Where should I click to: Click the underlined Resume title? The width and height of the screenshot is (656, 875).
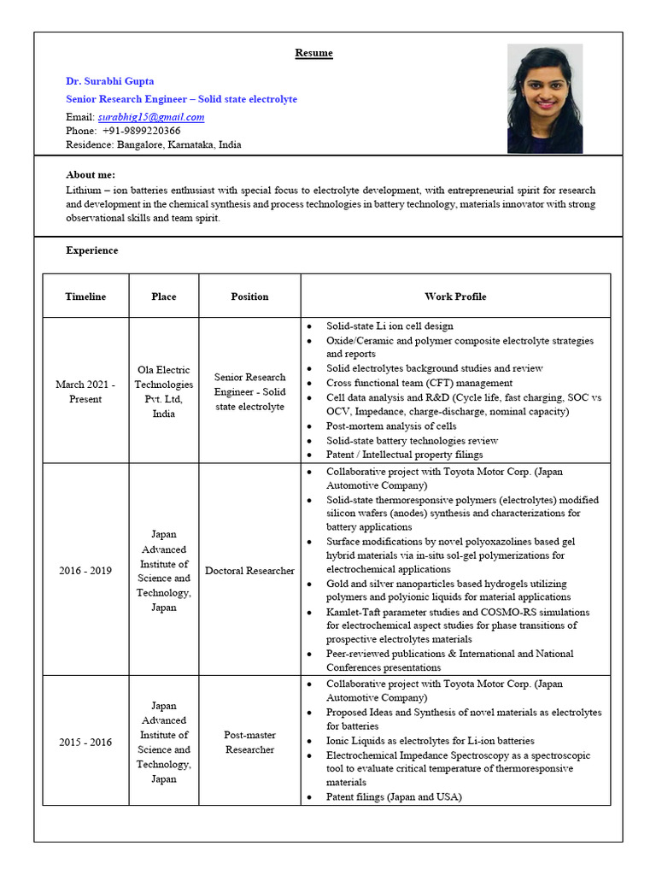[x=313, y=53]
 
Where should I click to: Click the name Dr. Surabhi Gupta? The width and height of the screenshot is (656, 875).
[x=110, y=81]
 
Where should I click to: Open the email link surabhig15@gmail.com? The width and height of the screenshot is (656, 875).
[x=150, y=116]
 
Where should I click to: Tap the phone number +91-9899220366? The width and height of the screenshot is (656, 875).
[x=141, y=131]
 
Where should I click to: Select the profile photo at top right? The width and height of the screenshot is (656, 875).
[x=544, y=98]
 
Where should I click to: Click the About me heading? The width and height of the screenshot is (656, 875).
[x=91, y=174]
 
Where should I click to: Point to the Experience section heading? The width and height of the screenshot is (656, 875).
[x=92, y=250]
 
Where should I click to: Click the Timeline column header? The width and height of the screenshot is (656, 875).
[x=85, y=297]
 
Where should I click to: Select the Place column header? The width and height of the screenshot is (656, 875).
[x=163, y=297]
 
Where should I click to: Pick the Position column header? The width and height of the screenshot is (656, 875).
[x=249, y=297]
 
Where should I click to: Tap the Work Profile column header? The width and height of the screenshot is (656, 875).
[x=455, y=297]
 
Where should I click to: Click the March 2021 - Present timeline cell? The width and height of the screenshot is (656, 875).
[x=85, y=391]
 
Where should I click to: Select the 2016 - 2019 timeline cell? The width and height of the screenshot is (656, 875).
[x=85, y=571]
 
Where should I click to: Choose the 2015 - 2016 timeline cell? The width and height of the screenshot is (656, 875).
[x=85, y=742]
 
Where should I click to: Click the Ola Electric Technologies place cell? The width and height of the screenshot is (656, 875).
[x=163, y=391]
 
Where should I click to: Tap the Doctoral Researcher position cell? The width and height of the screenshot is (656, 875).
[x=249, y=571]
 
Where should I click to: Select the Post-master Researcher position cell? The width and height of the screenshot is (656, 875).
[x=249, y=742]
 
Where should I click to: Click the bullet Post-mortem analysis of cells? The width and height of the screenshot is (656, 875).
[x=391, y=426]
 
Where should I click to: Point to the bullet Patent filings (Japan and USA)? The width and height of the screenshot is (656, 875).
[x=394, y=796]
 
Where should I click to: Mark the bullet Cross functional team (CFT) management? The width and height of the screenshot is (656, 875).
[x=419, y=383]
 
